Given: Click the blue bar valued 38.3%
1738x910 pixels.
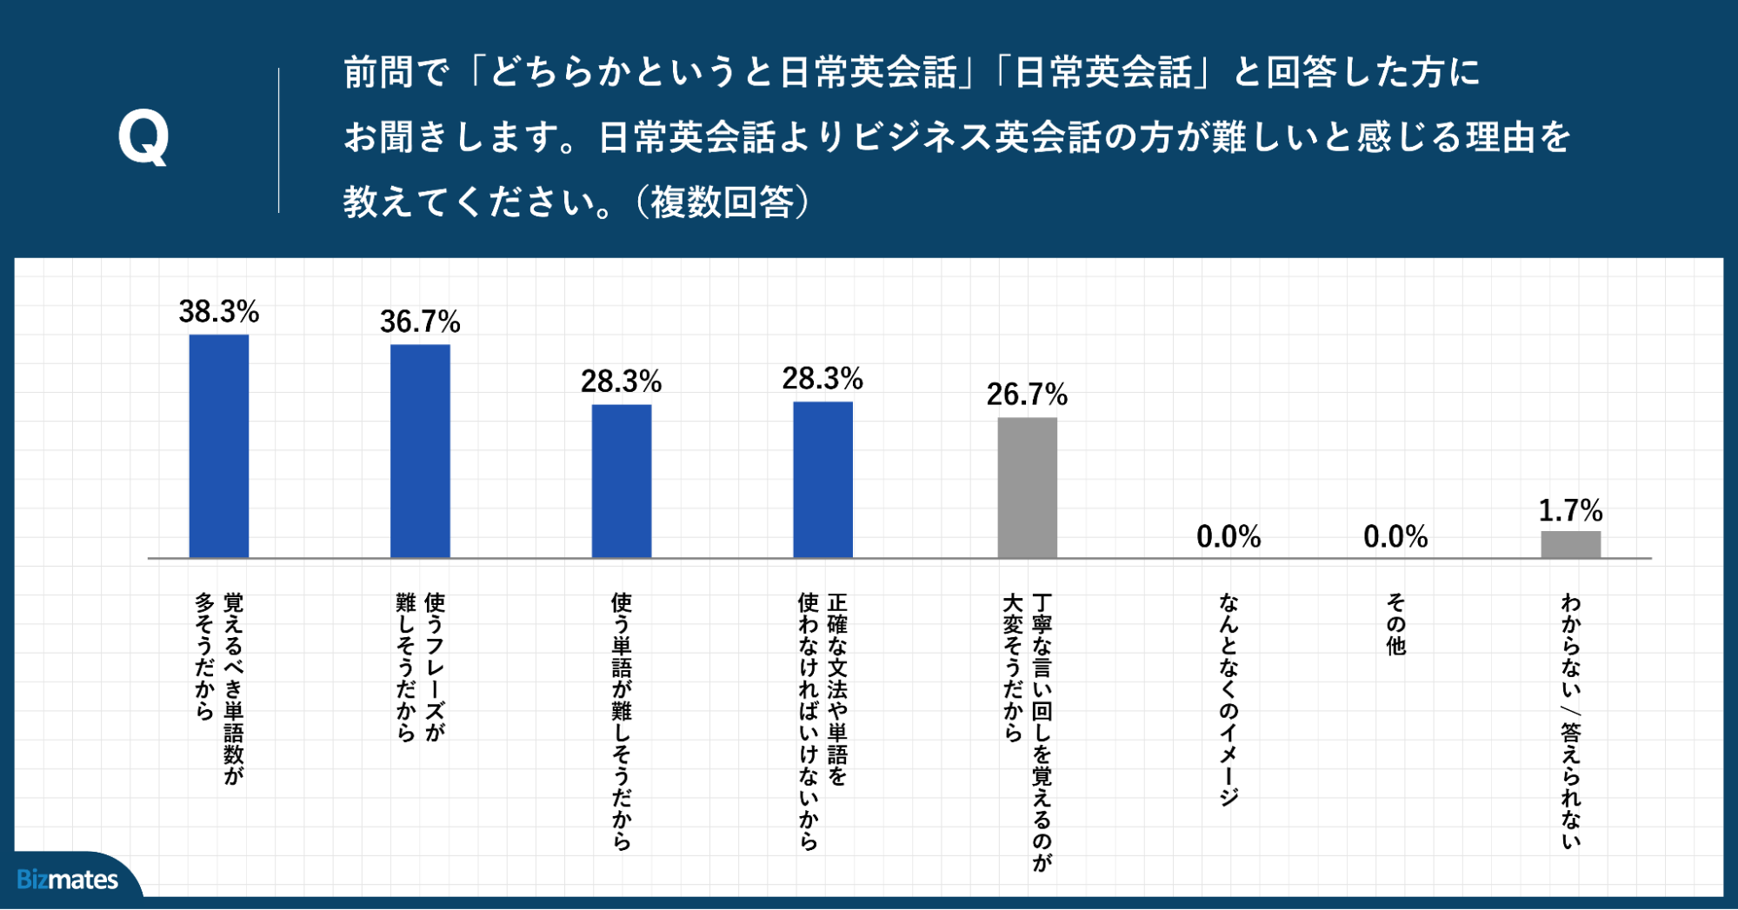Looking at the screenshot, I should [x=219, y=446].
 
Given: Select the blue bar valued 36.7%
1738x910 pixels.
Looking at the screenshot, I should [x=420, y=451].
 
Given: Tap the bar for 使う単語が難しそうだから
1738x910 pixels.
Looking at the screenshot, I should [x=622, y=481].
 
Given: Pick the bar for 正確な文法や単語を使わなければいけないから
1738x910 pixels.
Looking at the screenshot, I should [x=822, y=479].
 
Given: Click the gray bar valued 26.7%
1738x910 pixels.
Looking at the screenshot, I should [x=1027, y=488].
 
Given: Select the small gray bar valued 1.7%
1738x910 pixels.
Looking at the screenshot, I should [x=1570, y=545].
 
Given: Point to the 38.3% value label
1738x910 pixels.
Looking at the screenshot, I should [x=219, y=312].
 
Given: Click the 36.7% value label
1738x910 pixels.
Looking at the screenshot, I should [x=420, y=322].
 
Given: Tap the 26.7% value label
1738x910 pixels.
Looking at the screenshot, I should [x=1027, y=395].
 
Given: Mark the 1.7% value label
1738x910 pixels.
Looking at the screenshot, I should [x=1570, y=511].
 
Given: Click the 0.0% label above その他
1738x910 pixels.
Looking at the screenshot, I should [x=1395, y=537].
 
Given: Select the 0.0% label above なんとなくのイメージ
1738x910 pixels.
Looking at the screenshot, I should [x=1229, y=537].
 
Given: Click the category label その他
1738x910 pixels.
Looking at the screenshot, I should [x=1395, y=624].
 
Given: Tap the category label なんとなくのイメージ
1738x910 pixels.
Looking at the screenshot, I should [x=1229, y=699].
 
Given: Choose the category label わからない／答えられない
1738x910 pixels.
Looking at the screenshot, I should [x=1570, y=721].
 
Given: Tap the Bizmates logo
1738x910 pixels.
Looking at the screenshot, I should [x=68, y=880].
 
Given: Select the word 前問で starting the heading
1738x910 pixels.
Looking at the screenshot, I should [x=396, y=72].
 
